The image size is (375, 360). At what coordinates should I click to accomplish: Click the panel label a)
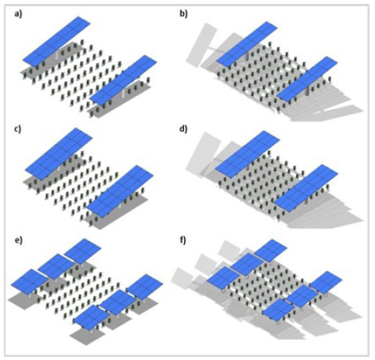tap(19, 14)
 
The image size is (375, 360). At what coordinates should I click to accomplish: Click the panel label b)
tap(183, 14)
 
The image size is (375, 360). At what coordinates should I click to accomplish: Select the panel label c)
tap(18, 129)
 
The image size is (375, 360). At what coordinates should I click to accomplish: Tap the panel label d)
tap(183, 129)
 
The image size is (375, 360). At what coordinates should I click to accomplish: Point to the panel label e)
tap(19, 240)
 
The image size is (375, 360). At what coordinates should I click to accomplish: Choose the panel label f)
tap(182, 241)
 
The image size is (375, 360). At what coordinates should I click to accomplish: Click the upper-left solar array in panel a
tap(56, 41)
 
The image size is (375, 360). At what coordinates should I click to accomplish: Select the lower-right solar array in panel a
tap(124, 80)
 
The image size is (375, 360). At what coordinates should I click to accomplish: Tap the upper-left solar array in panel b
tap(247, 44)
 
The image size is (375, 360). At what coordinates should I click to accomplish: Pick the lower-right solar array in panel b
tap(307, 79)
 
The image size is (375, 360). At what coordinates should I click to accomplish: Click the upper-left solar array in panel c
tap(59, 153)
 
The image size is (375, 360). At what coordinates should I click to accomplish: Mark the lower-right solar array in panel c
tap(120, 191)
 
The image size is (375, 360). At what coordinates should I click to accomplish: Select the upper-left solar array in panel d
tap(247, 154)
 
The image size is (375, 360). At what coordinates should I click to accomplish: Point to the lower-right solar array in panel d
tap(306, 188)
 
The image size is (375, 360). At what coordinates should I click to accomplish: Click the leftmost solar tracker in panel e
tap(29, 282)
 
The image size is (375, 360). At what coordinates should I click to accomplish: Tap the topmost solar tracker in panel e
tap(83, 252)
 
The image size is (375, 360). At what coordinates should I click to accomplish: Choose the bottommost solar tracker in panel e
tap(91, 317)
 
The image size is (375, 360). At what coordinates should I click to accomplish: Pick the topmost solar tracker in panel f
tap(271, 250)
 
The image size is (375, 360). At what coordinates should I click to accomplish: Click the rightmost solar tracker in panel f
tap(326, 282)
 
